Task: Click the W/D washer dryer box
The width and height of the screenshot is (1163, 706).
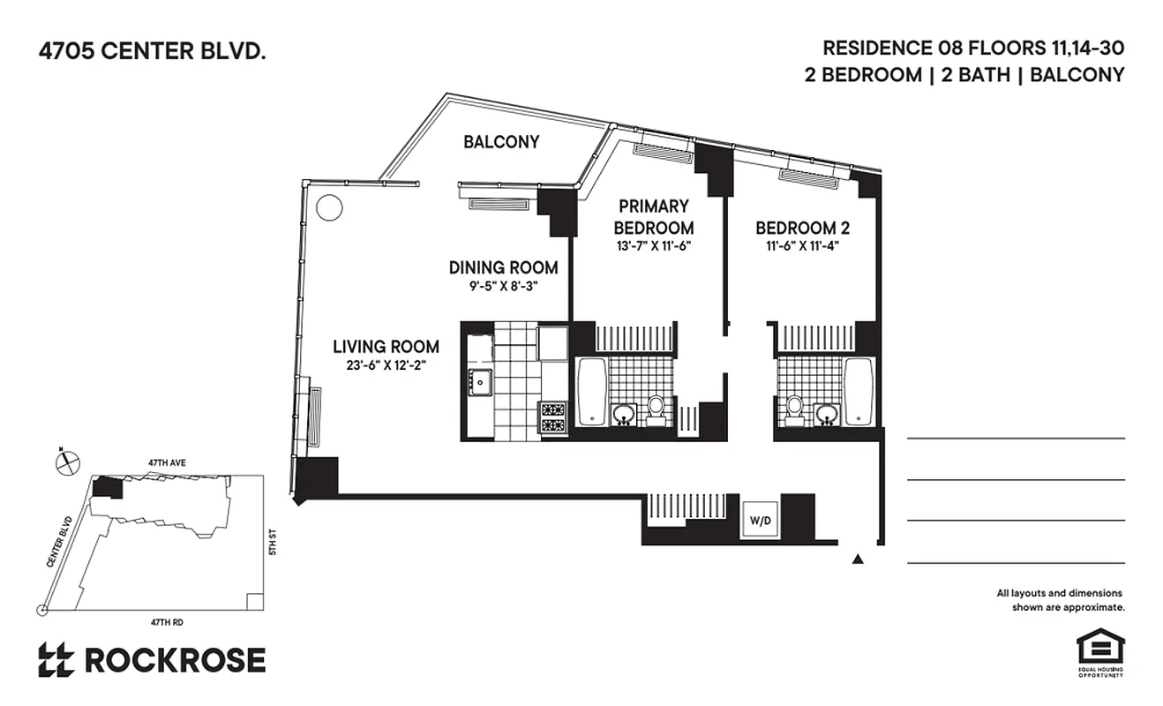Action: tap(761, 519)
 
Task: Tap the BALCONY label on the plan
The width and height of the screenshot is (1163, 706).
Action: tap(501, 141)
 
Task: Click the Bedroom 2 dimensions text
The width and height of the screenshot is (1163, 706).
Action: tap(802, 247)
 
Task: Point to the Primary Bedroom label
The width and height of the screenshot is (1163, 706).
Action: tap(653, 217)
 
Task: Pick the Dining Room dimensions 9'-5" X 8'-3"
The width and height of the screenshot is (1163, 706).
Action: tap(503, 286)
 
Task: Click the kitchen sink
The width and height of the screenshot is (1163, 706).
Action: tap(481, 382)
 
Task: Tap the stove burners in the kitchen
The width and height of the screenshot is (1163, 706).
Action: tap(552, 417)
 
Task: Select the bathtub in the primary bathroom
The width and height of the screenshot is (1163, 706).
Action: tap(591, 390)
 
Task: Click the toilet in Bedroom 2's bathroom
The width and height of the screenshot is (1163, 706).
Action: tap(794, 408)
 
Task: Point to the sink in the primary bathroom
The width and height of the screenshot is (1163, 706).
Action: tap(625, 413)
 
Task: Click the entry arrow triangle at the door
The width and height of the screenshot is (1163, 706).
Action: tap(857, 559)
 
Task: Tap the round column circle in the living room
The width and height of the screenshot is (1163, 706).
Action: tap(328, 207)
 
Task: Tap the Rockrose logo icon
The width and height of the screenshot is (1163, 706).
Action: tap(56, 660)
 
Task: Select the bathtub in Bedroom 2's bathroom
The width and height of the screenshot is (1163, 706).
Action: tap(859, 390)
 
